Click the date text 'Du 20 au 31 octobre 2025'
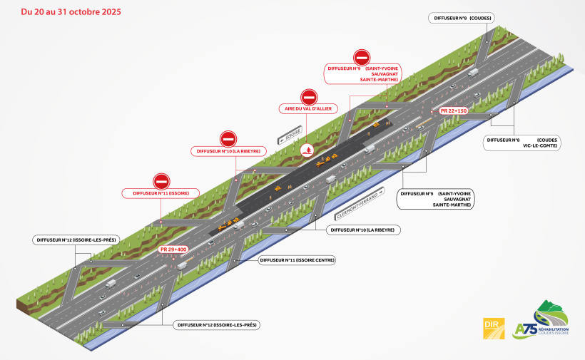click(x=71, y=12)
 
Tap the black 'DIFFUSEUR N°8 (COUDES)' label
click(x=462, y=18)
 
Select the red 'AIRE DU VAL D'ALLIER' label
click(x=308, y=108)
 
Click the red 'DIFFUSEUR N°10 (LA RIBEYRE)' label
click(x=228, y=151)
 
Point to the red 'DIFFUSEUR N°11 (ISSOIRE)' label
click(x=161, y=193)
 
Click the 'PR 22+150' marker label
click(x=453, y=110)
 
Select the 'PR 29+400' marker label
click(x=173, y=250)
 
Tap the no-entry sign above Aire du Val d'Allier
click(x=309, y=97)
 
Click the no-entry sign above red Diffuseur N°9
click(x=362, y=58)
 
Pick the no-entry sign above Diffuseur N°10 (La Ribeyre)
click(x=228, y=140)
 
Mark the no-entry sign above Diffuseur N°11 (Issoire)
click(x=161, y=182)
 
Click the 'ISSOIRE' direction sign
click(x=290, y=135)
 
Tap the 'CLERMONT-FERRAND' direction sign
click(x=360, y=203)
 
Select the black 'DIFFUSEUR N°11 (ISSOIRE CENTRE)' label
click(x=297, y=260)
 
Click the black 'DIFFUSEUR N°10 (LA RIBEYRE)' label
click(x=363, y=230)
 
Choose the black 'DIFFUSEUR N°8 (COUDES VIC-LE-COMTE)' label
click(x=522, y=143)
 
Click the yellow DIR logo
click(x=494, y=329)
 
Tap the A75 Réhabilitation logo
click(x=541, y=321)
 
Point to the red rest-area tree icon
click(x=307, y=150)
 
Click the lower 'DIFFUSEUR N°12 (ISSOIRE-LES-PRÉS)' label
click(x=217, y=325)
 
